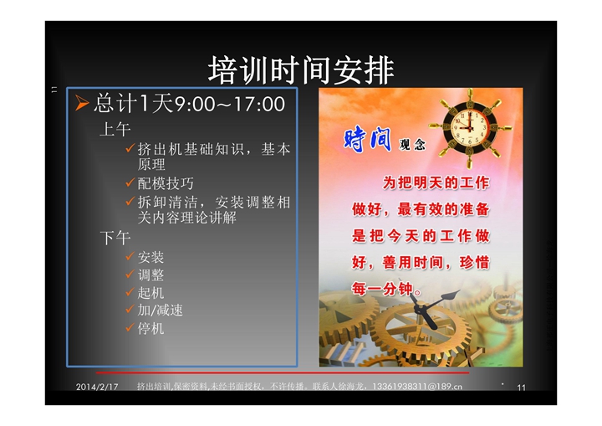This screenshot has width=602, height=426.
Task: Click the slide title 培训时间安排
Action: point(301,70)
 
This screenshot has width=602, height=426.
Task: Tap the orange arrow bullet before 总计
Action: point(81,103)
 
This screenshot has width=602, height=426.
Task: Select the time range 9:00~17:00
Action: point(230,104)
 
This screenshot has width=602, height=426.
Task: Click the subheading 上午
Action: point(115,129)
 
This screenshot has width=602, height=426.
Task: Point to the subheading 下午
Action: point(115,238)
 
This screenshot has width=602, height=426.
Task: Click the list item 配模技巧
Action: point(166,183)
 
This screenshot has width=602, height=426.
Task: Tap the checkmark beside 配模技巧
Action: point(130,182)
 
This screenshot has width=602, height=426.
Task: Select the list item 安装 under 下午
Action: point(150,257)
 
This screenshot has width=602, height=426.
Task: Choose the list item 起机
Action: point(150,293)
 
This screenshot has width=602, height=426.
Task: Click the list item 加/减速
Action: point(160,311)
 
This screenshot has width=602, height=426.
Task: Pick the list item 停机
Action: point(150,328)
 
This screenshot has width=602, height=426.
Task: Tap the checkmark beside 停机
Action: point(130,327)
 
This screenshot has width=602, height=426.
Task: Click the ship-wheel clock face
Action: point(469,127)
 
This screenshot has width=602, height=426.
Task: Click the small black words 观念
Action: point(412,144)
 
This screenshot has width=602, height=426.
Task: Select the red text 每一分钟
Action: point(382,289)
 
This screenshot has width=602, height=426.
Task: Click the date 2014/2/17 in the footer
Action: point(97,387)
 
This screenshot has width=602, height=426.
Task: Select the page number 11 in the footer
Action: point(521,388)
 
